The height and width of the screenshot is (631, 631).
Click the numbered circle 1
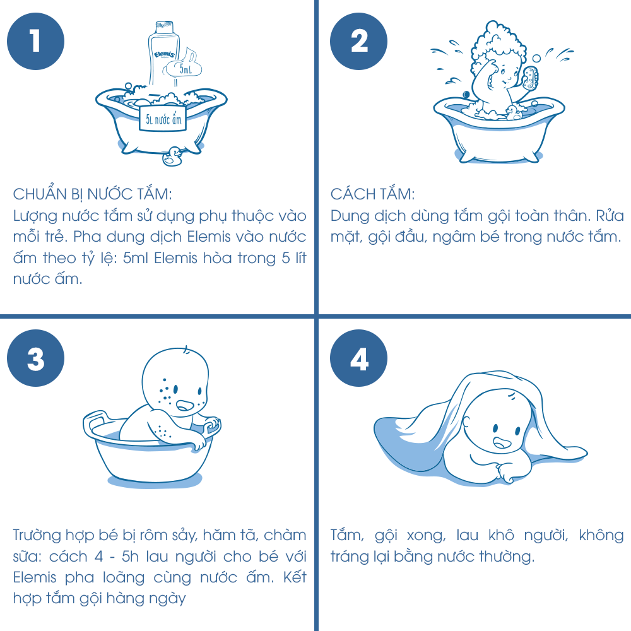(35, 41)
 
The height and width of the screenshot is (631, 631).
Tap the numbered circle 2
(358, 41)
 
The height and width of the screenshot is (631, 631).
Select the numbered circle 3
(35, 358)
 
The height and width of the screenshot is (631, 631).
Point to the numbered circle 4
(358, 358)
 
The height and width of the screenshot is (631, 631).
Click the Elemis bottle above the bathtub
(163, 54)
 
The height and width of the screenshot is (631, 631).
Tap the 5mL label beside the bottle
(184, 69)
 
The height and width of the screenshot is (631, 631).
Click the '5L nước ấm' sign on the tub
(163, 119)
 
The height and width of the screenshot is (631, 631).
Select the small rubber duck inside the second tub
(513, 113)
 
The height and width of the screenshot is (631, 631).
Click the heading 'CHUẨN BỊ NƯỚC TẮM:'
(93, 194)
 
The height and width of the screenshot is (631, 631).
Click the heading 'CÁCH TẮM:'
(372, 194)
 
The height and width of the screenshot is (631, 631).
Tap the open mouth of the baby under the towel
(502, 443)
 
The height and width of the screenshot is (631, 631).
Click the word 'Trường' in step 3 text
(37, 536)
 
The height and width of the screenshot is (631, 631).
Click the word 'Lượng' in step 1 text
(35, 216)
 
